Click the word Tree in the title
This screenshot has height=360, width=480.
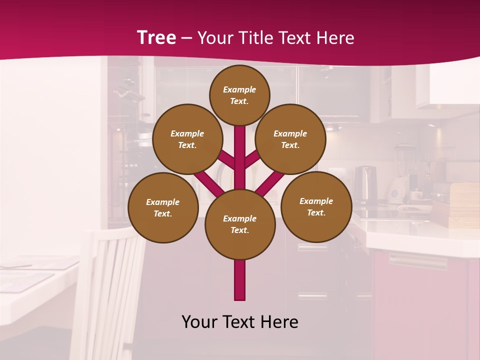click(156, 37)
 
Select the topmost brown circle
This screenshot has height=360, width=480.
click(239, 95)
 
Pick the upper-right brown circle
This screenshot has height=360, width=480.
click(290, 139)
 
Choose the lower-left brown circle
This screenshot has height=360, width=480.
click(163, 207)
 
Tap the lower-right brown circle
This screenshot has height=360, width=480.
click(316, 206)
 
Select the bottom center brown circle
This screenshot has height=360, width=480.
click(240, 224)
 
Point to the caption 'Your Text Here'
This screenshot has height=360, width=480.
click(240, 322)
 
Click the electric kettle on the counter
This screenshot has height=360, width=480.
click(365, 182)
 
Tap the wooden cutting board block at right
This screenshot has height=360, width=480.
click(464, 205)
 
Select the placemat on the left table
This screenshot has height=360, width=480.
click(25, 280)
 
